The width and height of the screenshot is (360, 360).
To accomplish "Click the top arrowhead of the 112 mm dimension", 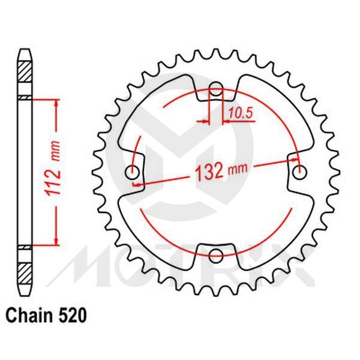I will pyautogui.click(x=57, y=102).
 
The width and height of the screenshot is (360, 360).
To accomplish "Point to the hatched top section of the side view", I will pyautogui.click(x=25, y=78).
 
